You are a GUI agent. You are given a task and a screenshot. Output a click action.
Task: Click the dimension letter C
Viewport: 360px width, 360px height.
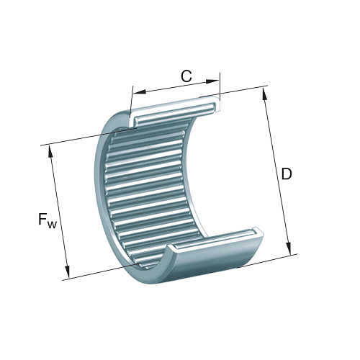coord(186,76)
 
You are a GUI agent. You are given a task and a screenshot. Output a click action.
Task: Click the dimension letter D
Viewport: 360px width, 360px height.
coord(287,174)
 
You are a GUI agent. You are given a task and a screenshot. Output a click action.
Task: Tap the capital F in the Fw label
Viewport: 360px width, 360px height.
coord(42,219)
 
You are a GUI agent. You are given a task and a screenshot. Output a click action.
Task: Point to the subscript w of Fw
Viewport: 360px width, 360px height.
coord(52,225)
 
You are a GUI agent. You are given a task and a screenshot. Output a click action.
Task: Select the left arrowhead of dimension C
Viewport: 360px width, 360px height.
coord(140,92)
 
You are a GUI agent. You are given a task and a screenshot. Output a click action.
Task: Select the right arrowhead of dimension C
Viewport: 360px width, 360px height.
coord(212,81)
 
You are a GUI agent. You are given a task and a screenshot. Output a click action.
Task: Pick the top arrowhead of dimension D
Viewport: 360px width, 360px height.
coord(265,94)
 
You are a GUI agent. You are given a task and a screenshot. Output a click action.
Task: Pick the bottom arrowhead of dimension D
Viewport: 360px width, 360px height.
coord(288,248)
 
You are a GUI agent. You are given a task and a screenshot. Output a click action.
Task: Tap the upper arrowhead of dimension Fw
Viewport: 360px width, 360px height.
coord(51,152)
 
